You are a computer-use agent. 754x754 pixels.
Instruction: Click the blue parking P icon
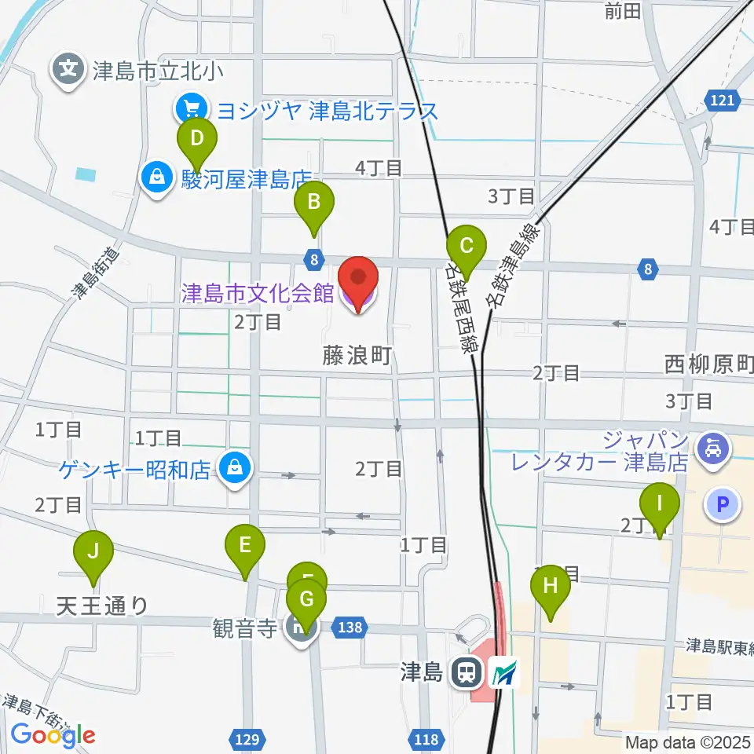click(723, 503)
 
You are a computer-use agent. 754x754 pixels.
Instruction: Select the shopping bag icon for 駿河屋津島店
click(158, 177)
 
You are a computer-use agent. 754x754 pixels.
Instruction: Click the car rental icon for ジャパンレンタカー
click(712, 451)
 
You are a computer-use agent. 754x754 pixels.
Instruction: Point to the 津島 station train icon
click(466, 672)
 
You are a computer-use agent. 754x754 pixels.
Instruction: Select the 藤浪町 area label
click(356, 356)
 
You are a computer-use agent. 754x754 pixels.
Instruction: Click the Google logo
click(53, 734)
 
